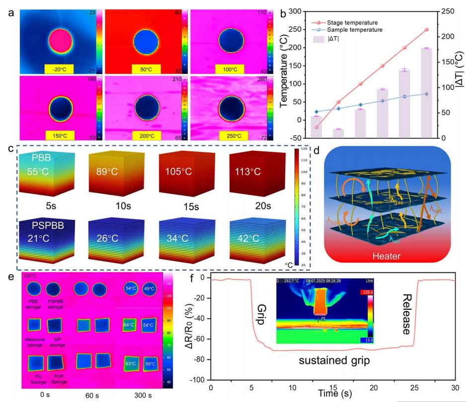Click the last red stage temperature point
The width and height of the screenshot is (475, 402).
pos(426,30)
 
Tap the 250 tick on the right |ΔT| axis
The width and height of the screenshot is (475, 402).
pos(447,11)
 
